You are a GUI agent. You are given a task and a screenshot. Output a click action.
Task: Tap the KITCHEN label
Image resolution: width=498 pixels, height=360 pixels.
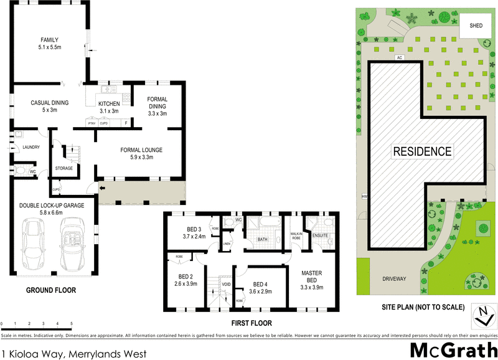coord(109,103)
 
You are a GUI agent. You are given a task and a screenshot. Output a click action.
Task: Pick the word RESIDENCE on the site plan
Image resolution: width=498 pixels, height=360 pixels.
coord(422,151)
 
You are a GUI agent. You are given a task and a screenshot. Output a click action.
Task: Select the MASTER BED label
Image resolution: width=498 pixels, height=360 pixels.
coord(311,276)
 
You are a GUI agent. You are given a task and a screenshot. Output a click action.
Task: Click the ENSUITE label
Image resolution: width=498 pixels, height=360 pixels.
coord(320,235)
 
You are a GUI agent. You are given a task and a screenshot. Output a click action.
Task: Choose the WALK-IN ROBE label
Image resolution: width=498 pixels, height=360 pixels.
coord(296,235)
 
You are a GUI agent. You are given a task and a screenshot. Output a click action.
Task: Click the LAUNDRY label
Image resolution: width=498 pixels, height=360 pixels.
coord(31,148)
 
